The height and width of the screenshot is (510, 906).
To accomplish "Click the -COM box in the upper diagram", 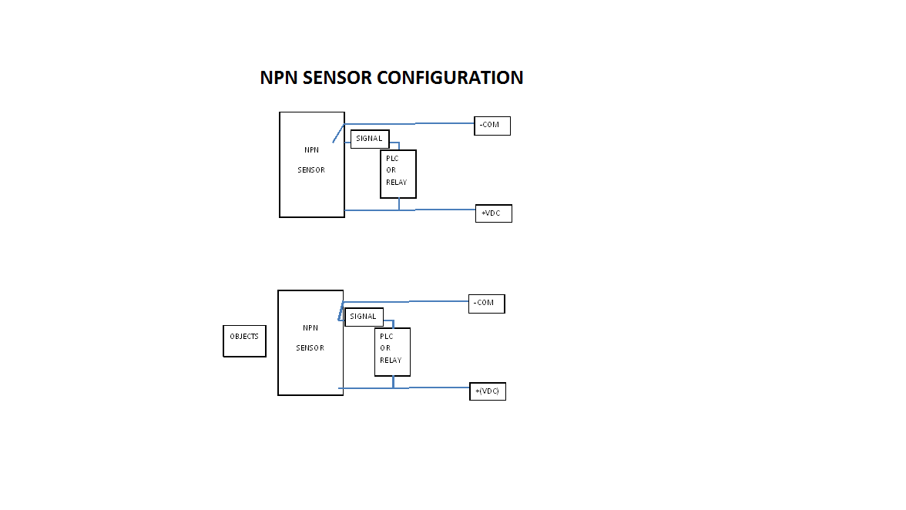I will [x=492, y=126].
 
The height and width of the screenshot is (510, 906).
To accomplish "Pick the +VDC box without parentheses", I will [x=493, y=213].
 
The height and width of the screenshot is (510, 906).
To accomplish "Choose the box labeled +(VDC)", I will [x=488, y=391].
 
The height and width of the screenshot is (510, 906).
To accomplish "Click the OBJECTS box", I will [x=244, y=341].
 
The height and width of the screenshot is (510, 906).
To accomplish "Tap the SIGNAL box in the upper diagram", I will [x=370, y=139].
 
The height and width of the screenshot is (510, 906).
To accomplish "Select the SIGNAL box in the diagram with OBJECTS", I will [x=364, y=317].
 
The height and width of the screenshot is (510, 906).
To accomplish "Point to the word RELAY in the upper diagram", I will [x=396, y=183].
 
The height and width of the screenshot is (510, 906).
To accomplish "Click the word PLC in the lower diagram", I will [x=386, y=337].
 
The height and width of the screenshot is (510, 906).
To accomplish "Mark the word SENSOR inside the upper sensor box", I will [x=311, y=170].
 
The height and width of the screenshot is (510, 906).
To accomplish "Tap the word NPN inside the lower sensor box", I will [x=310, y=328].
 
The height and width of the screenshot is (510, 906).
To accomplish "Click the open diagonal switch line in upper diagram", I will [x=338, y=133].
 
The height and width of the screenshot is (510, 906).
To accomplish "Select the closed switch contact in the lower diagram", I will [x=340, y=311].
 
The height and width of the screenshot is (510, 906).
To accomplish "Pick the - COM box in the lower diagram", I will [x=486, y=304].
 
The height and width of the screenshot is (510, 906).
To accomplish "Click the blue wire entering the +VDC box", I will [x=447, y=210].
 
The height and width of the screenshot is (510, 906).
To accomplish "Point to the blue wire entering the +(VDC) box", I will [x=439, y=388].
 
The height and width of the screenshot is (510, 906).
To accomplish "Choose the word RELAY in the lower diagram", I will [x=391, y=361].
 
